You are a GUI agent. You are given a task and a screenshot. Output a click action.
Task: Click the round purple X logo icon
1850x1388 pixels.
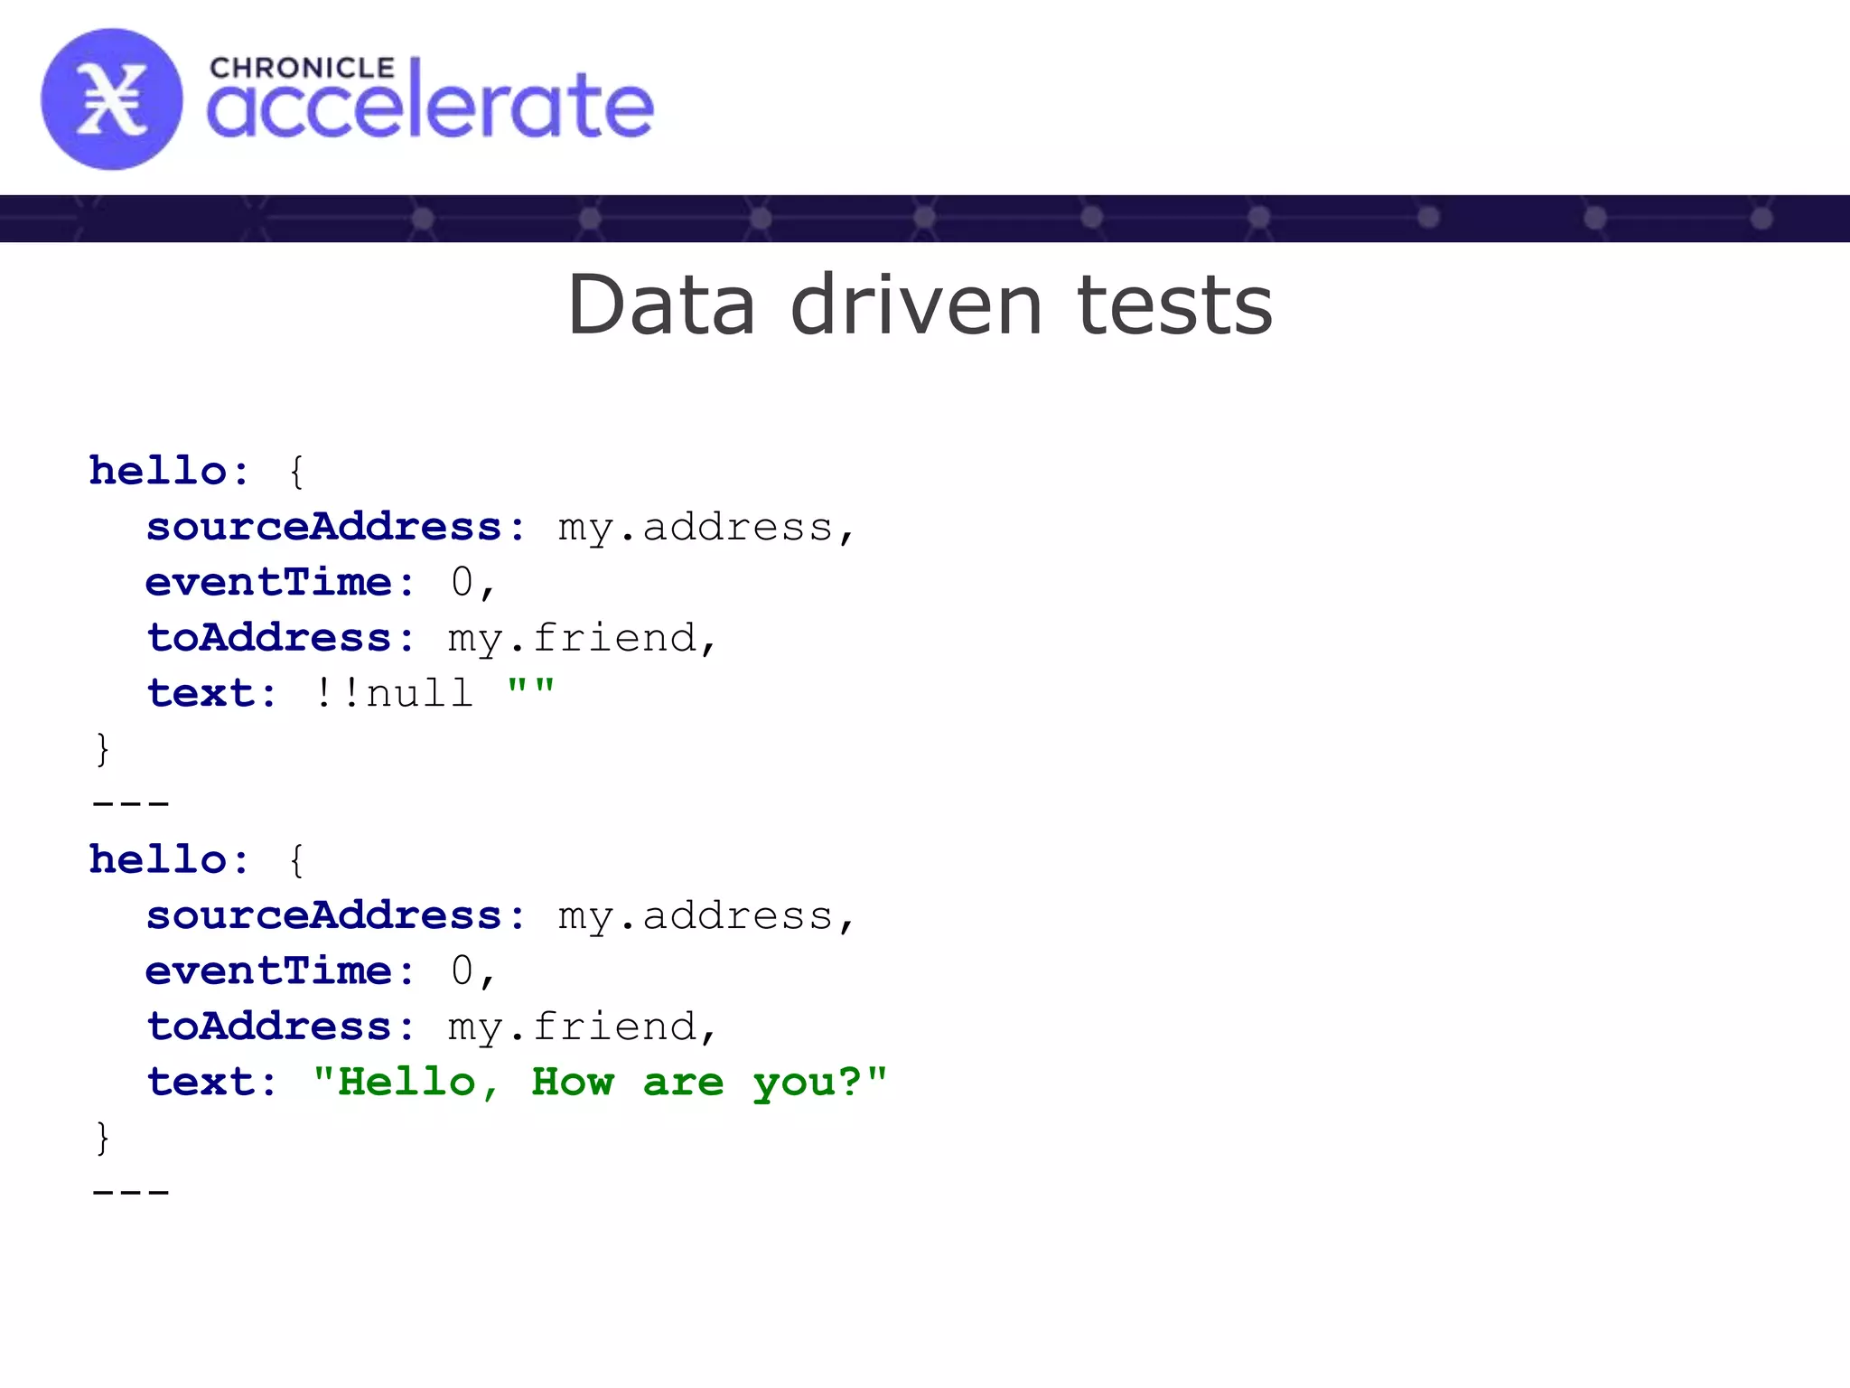click(111, 99)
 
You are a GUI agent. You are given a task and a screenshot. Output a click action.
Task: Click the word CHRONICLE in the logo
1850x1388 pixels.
click(302, 69)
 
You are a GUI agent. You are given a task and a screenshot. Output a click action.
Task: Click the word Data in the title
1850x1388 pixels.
click(661, 305)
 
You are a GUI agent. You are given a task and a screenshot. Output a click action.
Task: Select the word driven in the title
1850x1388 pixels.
click(916, 305)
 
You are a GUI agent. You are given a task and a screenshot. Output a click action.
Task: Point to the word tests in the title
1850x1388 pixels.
click(1174, 305)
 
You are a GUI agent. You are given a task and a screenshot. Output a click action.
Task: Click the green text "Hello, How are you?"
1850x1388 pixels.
click(600, 1082)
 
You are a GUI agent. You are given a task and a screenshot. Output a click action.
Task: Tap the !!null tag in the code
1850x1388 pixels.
click(394, 693)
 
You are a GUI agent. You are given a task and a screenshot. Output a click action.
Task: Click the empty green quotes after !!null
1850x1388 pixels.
click(530, 689)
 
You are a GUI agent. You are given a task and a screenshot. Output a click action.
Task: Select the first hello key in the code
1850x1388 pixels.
click(157, 471)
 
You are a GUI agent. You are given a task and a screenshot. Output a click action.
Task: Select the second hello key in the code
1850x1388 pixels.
click(157, 859)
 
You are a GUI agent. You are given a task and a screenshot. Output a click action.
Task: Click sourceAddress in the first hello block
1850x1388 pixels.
click(323, 527)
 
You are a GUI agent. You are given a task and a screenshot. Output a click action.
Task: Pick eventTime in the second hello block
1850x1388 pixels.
click(268, 971)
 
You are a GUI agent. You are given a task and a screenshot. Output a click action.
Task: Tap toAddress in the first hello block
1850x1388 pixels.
click(268, 638)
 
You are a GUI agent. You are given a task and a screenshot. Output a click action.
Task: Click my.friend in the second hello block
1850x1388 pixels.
click(573, 1027)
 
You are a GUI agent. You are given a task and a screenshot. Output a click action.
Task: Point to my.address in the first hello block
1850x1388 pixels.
click(696, 528)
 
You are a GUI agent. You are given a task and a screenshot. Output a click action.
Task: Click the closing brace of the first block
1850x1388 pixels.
click(102, 749)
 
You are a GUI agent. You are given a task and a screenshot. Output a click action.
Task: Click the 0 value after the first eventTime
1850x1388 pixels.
click(462, 582)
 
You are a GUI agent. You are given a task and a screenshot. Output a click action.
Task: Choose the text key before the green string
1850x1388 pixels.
click(201, 1083)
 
